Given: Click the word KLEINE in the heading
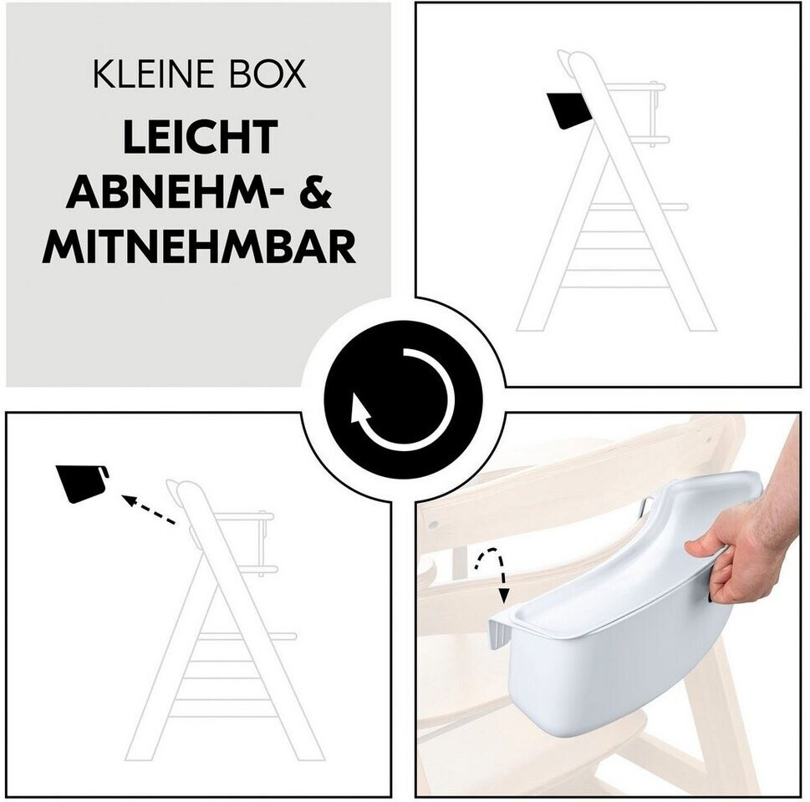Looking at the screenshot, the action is pyautogui.click(x=153, y=75).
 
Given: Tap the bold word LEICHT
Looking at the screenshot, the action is pyautogui.click(x=201, y=137).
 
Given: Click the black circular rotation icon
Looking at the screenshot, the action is pyautogui.click(x=403, y=399).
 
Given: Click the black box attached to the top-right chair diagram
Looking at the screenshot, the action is pyautogui.click(x=569, y=110).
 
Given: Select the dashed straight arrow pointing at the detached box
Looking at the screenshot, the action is pyautogui.click(x=149, y=510).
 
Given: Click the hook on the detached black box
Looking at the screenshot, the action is pyautogui.click(x=104, y=471).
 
